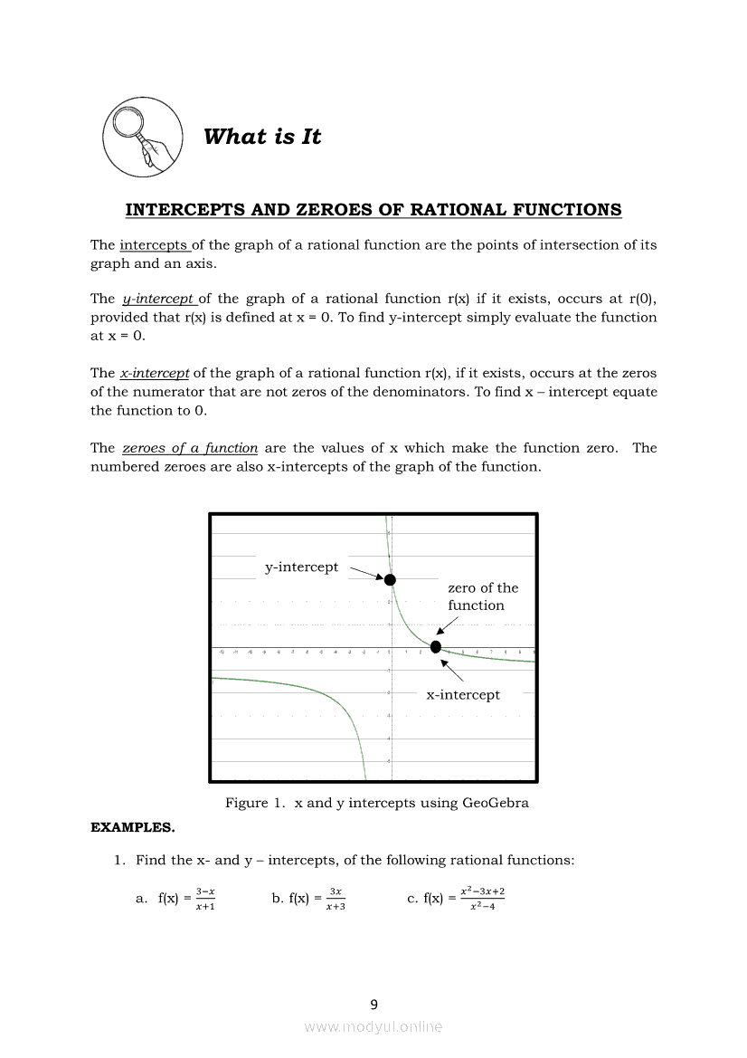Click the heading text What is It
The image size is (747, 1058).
coord(262,137)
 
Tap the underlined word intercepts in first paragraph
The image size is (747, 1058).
coord(154,244)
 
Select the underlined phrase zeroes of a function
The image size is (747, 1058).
coord(190,448)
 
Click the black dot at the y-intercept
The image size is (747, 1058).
coord(390,579)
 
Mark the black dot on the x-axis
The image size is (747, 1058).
coord(436,646)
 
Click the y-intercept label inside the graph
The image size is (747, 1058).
coord(301,567)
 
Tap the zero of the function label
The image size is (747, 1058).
coord(483,596)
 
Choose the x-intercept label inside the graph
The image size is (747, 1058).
coord(463,695)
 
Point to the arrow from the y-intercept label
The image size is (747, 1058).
coord(367,573)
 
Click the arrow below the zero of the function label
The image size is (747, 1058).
coord(447,624)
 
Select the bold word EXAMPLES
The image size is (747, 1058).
coord(133,827)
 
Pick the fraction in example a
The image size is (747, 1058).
coord(204,899)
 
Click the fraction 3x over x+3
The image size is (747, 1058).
coord(336,899)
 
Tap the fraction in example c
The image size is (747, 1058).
coord(482,899)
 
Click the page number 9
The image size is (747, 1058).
coord(373,1004)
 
